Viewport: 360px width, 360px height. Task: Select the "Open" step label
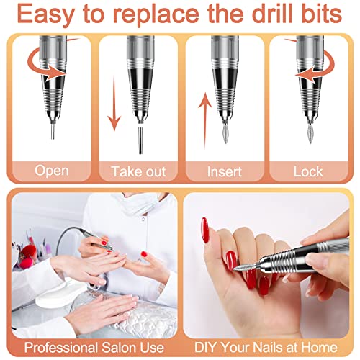coord(52,171)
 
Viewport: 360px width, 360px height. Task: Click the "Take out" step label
coord(138,172)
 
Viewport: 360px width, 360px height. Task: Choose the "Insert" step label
coord(225,172)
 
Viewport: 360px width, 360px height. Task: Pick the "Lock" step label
coord(308,172)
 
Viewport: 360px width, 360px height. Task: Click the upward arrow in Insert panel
coord(205,121)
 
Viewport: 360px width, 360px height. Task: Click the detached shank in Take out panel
coord(141,140)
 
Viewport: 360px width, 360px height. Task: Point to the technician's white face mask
coord(140,203)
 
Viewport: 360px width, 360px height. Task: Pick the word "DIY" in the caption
coord(206,347)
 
